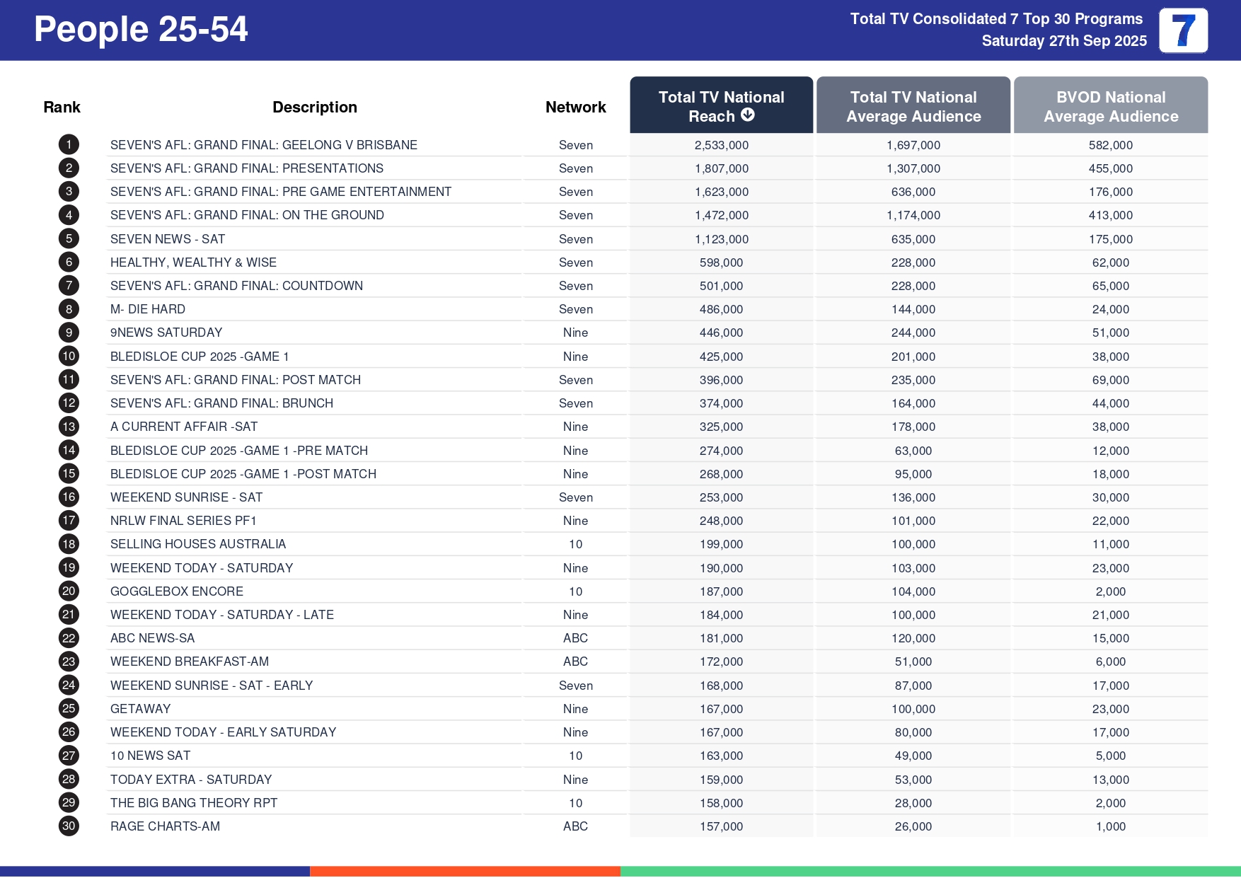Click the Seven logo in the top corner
point(1183,30)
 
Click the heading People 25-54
point(141,30)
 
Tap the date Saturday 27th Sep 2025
point(1063,41)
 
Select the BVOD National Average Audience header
point(1110,106)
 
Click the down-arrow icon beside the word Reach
point(748,115)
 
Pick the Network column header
point(575,107)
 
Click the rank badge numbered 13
point(69,427)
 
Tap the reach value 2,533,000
point(721,145)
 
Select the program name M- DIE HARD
point(148,309)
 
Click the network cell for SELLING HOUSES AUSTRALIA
point(575,544)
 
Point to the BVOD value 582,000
point(1110,145)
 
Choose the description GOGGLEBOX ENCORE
point(177,591)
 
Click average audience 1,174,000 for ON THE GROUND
point(913,215)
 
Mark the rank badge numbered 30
point(69,826)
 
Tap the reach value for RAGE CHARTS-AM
point(721,826)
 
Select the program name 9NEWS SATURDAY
point(166,333)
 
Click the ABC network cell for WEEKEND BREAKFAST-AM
point(575,662)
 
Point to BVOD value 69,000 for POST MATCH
point(1110,380)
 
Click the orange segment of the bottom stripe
point(465,872)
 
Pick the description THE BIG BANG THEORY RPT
point(194,803)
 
